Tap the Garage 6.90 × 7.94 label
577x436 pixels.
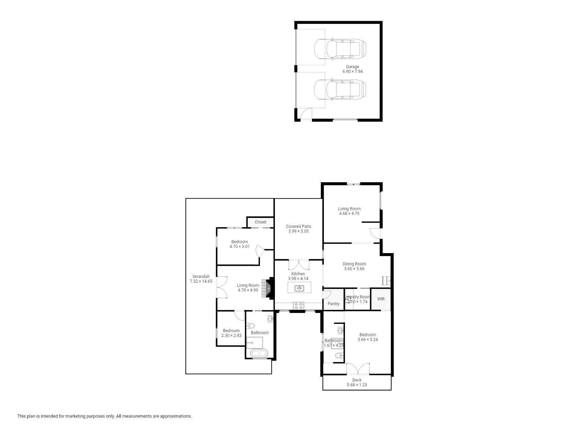[x=352, y=69]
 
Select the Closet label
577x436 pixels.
[x=261, y=222]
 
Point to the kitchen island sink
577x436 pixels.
[x=299, y=289]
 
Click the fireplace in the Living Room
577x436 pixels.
[x=270, y=289]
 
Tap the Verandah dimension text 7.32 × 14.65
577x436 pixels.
[x=201, y=281]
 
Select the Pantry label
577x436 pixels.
[x=333, y=304]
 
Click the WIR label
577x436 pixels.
[x=381, y=299]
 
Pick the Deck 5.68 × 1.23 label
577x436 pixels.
[x=357, y=383]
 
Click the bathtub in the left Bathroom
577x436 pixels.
[x=259, y=353]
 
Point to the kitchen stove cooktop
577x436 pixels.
[x=299, y=306]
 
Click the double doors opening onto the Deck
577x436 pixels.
[x=358, y=369]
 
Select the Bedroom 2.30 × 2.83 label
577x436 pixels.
[x=231, y=333]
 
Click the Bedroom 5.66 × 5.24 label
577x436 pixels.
[x=368, y=337]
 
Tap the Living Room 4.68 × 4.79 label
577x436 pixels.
[x=349, y=211]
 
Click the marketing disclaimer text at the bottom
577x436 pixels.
[x=105, y=416]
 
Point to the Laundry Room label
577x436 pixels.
[x=357, y=297]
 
